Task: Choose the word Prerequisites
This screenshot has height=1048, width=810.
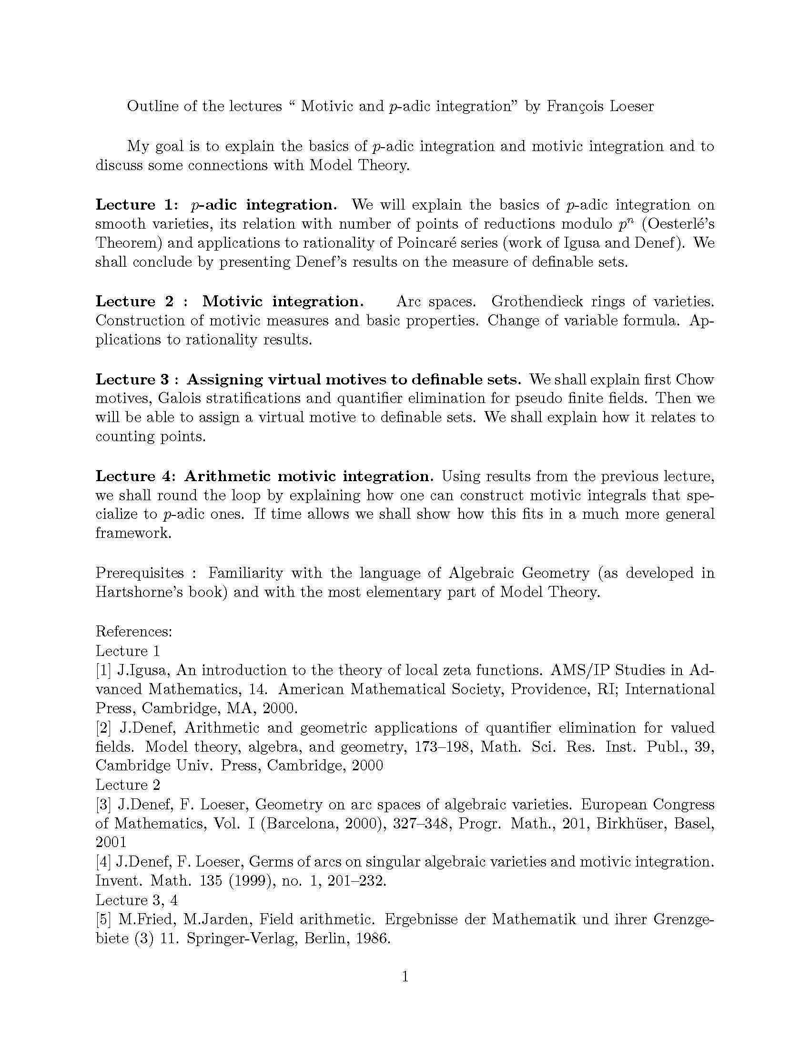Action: [x=140, y=573]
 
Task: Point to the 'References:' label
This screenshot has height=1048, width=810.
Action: [x=134, y=631]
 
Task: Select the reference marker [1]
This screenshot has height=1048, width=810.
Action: [x=103, y=670]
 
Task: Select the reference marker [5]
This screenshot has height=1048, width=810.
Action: [x=103, y=919]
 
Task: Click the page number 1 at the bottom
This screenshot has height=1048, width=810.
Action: [x=405, y=977]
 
